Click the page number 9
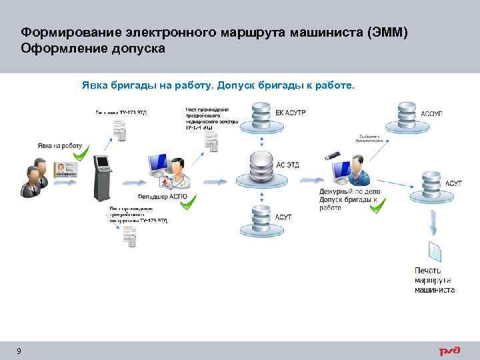click(19, 351)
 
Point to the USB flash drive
click(333, 156)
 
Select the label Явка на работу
click(59, 145)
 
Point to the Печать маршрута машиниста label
click(434, 280)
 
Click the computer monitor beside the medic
click(158, 167)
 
